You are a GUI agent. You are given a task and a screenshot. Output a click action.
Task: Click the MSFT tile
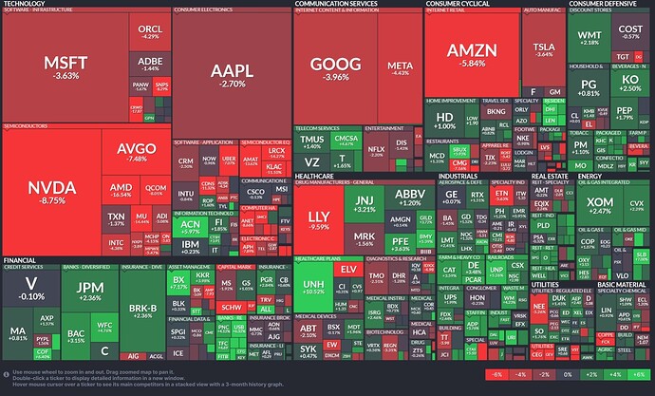click(x=67, y=68)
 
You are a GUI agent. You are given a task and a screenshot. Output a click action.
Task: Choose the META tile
click(x=399, y=67)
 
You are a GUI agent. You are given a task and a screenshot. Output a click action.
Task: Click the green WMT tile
click(x=589, y=38)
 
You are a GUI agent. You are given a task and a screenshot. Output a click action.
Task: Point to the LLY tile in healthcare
click(x=320, y=221)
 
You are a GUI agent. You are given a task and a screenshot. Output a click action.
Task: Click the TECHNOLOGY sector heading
click(x=23, y=4)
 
